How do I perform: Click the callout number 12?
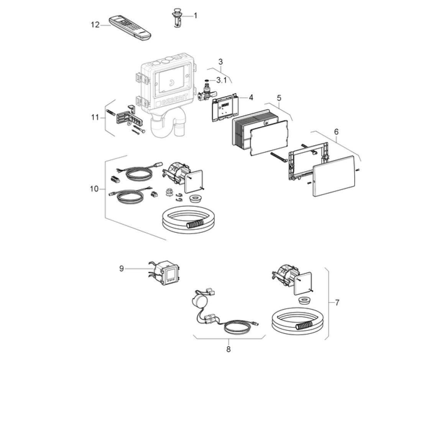pos(95,25)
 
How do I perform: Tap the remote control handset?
pos(130,28)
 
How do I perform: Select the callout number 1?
pos(196,15)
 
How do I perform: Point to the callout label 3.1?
pos(221,81)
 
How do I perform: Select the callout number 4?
pos(251,97)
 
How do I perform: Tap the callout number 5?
pos(279,98)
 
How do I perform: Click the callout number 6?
pos(336,132)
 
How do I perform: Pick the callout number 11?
pos(95,117)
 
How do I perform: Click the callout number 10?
pos(94,189)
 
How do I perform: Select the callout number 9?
pos(122,268)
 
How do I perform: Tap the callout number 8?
pos(228,349)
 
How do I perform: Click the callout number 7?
pos(337,302)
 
